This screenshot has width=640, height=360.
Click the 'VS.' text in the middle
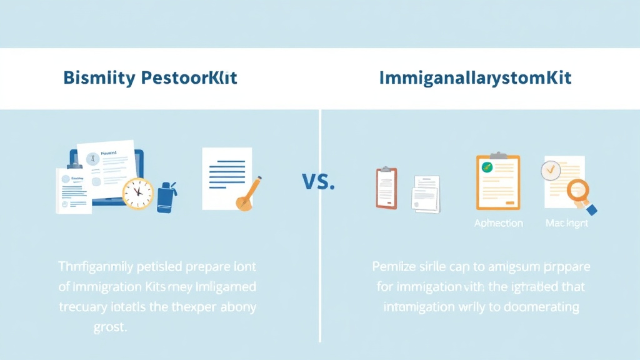[x=318, y=182]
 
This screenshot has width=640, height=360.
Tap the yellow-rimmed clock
[x=137, y=193]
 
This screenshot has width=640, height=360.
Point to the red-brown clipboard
[x=386, y=187]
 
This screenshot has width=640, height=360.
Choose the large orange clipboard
[x=497, y=181]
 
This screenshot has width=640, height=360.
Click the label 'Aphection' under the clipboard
[x=498, y=223]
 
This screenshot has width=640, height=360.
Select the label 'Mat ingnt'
[x=566, y=223]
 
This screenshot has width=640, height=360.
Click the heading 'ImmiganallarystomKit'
[x=475, y=79]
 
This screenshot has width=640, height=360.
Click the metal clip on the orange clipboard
[x=498, y=154]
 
